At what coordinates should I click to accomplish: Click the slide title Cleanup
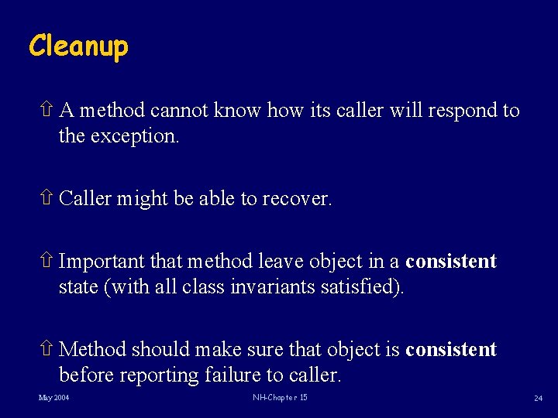tap(78, 46)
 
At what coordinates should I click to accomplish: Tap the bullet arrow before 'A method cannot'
tap(46, 111)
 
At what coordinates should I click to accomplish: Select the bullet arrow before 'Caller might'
tap(46, 199)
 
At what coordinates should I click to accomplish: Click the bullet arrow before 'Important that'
tap(46, 262)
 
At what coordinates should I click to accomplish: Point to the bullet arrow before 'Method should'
tap(46, 350)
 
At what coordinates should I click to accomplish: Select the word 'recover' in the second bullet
tap(296, 199)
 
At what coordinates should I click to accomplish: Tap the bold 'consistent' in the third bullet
tap(450, 262)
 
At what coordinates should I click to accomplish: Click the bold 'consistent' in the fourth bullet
tap(450, 350)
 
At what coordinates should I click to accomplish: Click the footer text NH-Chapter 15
tap(280, 398)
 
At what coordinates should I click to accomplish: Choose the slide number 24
tap(537, 399)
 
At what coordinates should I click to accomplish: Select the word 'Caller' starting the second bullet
tap(84, 199)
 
